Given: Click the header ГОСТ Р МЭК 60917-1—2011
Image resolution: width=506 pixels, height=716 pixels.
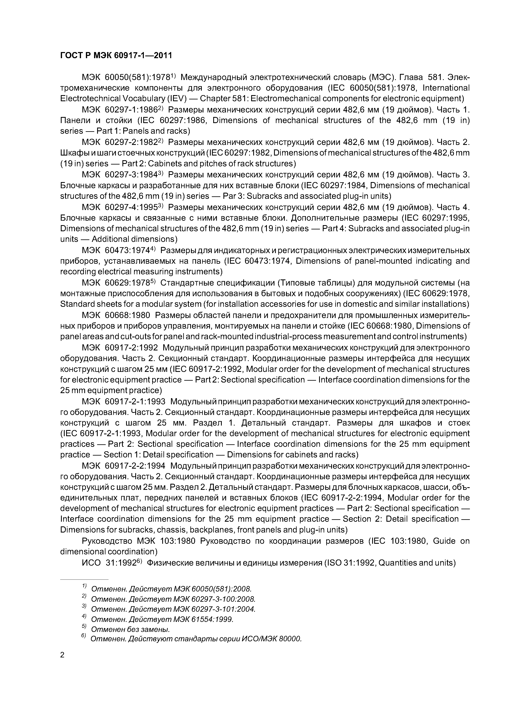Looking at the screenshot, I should (x=116, y=56).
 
